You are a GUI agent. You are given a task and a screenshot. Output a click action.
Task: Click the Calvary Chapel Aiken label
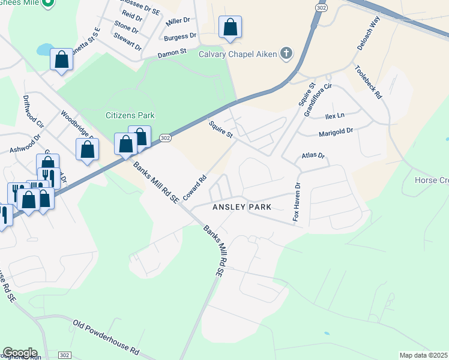click(238, 54)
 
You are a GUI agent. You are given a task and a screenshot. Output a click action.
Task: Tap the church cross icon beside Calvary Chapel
click(286, 54)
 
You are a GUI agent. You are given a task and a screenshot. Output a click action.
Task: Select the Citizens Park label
click(130, 115)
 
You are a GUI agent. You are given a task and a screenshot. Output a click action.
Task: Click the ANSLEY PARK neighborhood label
click(243, 207)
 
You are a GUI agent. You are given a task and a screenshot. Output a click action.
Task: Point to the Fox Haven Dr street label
click(296, 201)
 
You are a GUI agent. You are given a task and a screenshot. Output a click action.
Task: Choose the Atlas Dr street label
click(313, 156)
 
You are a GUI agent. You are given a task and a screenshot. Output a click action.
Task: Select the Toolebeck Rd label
click(369, 82)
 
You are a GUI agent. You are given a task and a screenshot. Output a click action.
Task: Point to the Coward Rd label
click(195, 187)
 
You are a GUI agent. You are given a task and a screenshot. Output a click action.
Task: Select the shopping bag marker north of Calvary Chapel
click(230, 28)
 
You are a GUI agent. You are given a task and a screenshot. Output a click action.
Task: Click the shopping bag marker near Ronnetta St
click(61, 60)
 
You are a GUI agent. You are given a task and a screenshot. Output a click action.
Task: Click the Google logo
click(20, 353)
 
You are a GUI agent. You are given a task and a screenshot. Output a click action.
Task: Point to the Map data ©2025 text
click(423, 355)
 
